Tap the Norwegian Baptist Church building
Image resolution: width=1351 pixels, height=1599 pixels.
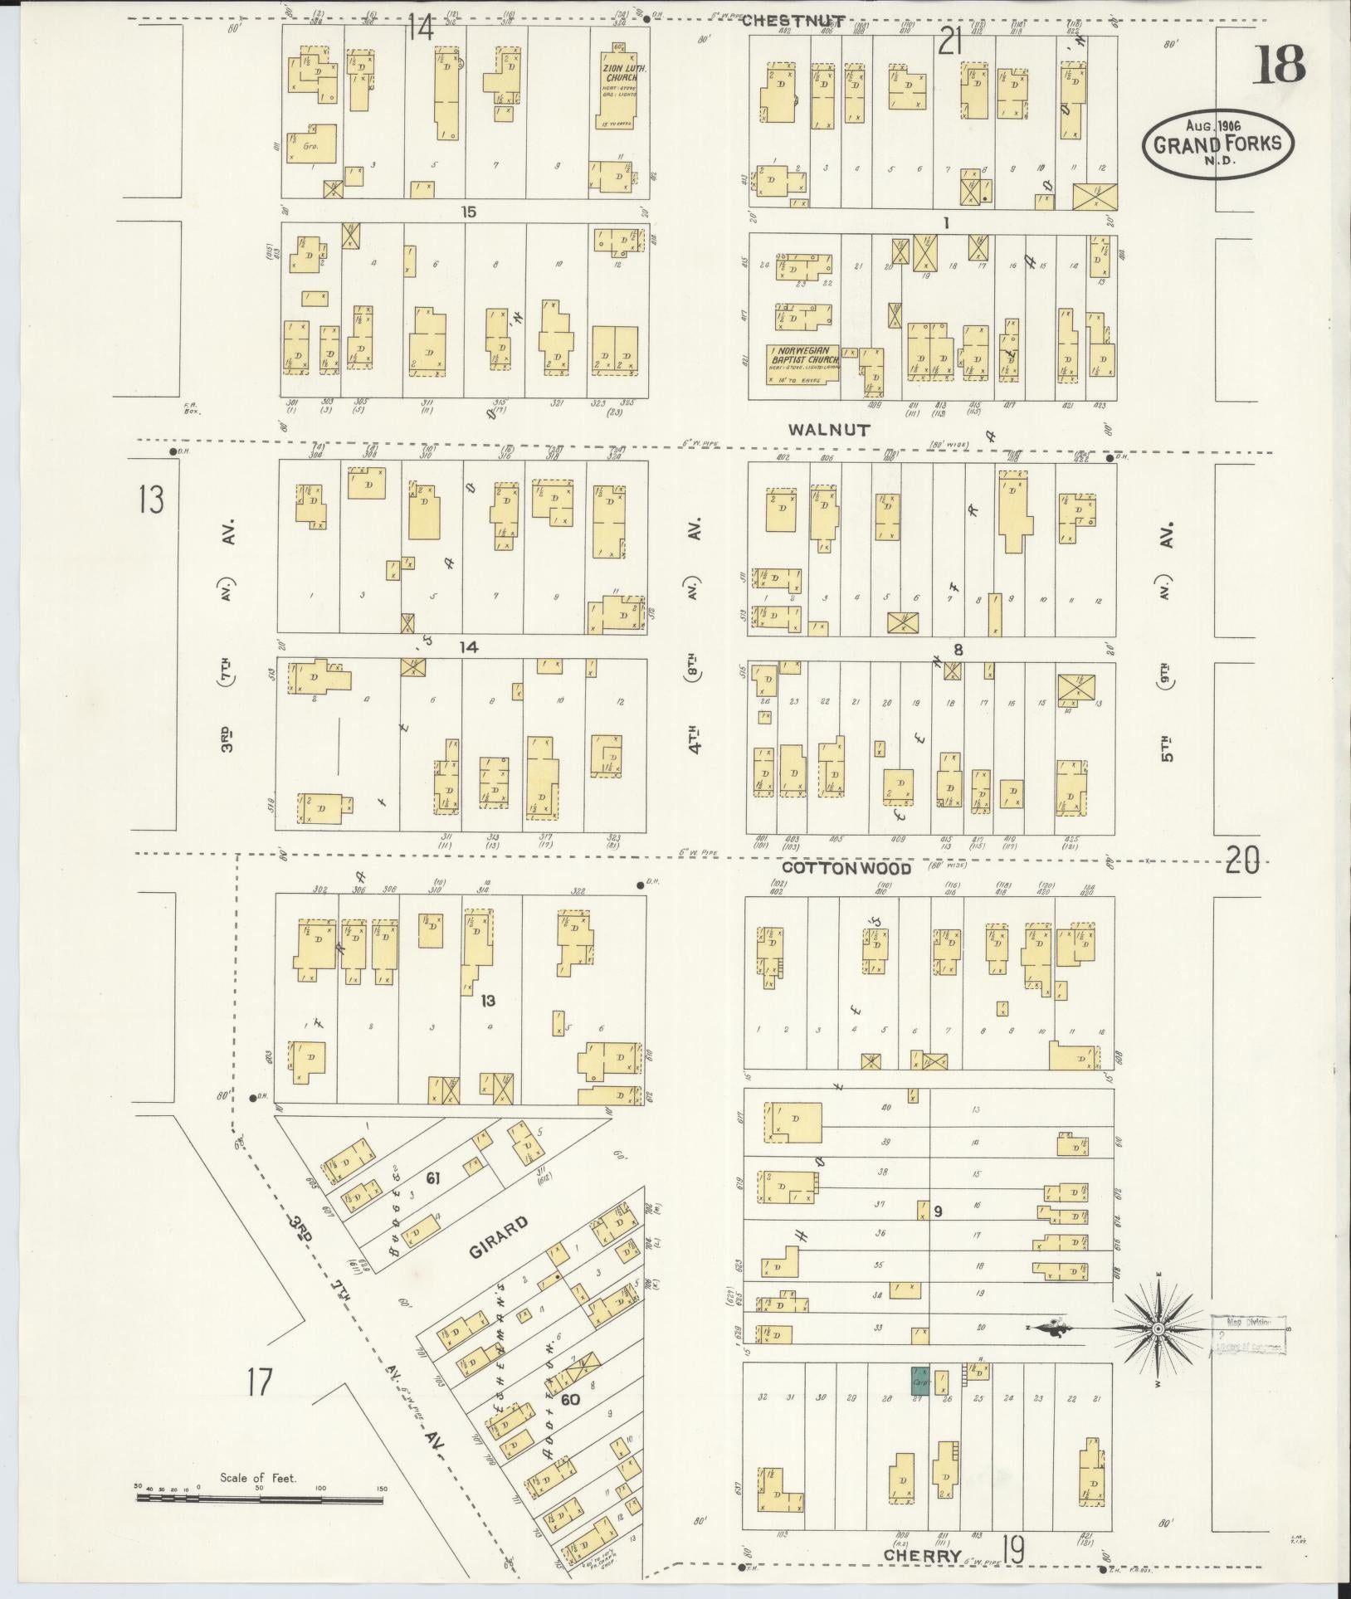[x=802, y=363]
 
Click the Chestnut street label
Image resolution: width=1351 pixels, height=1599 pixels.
[x=793, y=22]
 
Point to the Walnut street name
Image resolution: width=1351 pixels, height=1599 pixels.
[x=828, y=430]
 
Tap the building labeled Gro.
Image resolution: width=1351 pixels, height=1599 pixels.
[x=313, y=144]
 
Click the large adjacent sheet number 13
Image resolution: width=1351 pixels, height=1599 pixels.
[x=151, y=500]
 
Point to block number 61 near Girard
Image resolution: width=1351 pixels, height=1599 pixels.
[x=432, y=1178]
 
